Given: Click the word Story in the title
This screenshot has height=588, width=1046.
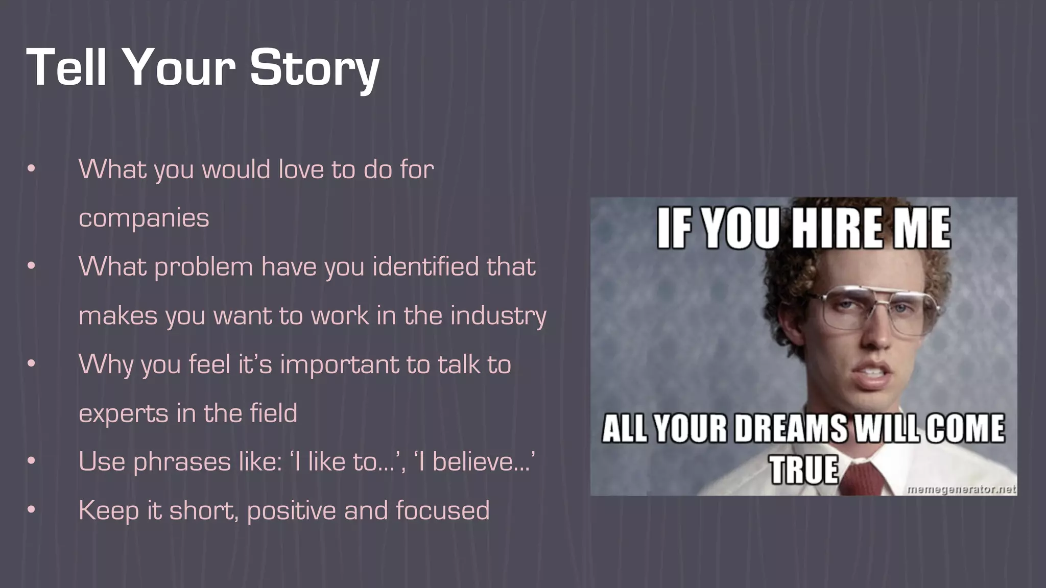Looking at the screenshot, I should pos(314,68).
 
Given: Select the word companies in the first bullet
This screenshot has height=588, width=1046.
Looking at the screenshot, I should pos(144,219).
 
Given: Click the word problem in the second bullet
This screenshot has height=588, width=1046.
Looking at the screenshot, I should pos(204,267).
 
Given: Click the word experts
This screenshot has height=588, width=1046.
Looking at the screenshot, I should pos(123,413).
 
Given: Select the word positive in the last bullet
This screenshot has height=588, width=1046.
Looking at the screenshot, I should pos(291,511).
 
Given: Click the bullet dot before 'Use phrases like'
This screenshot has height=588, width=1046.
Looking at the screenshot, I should pos(32,461).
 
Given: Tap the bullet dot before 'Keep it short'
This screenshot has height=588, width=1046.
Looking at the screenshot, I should pos(32,509).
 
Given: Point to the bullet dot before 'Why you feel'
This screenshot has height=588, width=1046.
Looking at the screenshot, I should pos(32,363).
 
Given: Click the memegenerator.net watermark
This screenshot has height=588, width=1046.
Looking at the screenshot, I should pos(961,489).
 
